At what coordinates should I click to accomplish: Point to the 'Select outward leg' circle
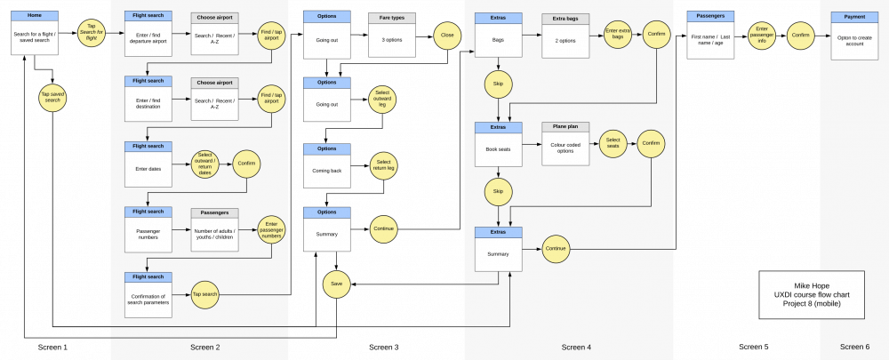tap(383, 100)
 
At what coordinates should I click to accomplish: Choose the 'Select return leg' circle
tap(383, 165)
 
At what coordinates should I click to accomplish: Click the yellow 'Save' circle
tap(336, 284)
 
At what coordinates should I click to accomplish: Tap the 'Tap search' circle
tap(205, 293)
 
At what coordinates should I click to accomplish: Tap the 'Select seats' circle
tap(613, 143)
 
